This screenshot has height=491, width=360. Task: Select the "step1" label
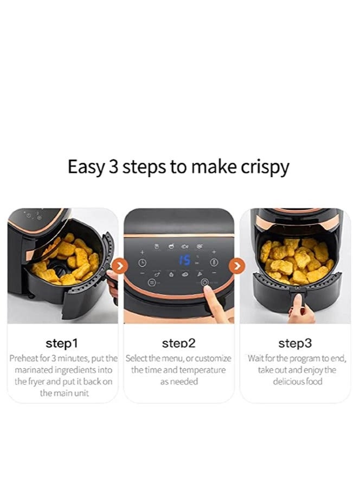(62, 343)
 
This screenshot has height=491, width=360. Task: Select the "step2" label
(178, 343)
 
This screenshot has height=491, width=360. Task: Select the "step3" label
(294, 343)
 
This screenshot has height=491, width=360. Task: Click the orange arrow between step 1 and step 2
(121, 266)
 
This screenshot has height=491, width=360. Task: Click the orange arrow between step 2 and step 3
(237, 266)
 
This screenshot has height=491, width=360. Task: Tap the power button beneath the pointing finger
(204, 282)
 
